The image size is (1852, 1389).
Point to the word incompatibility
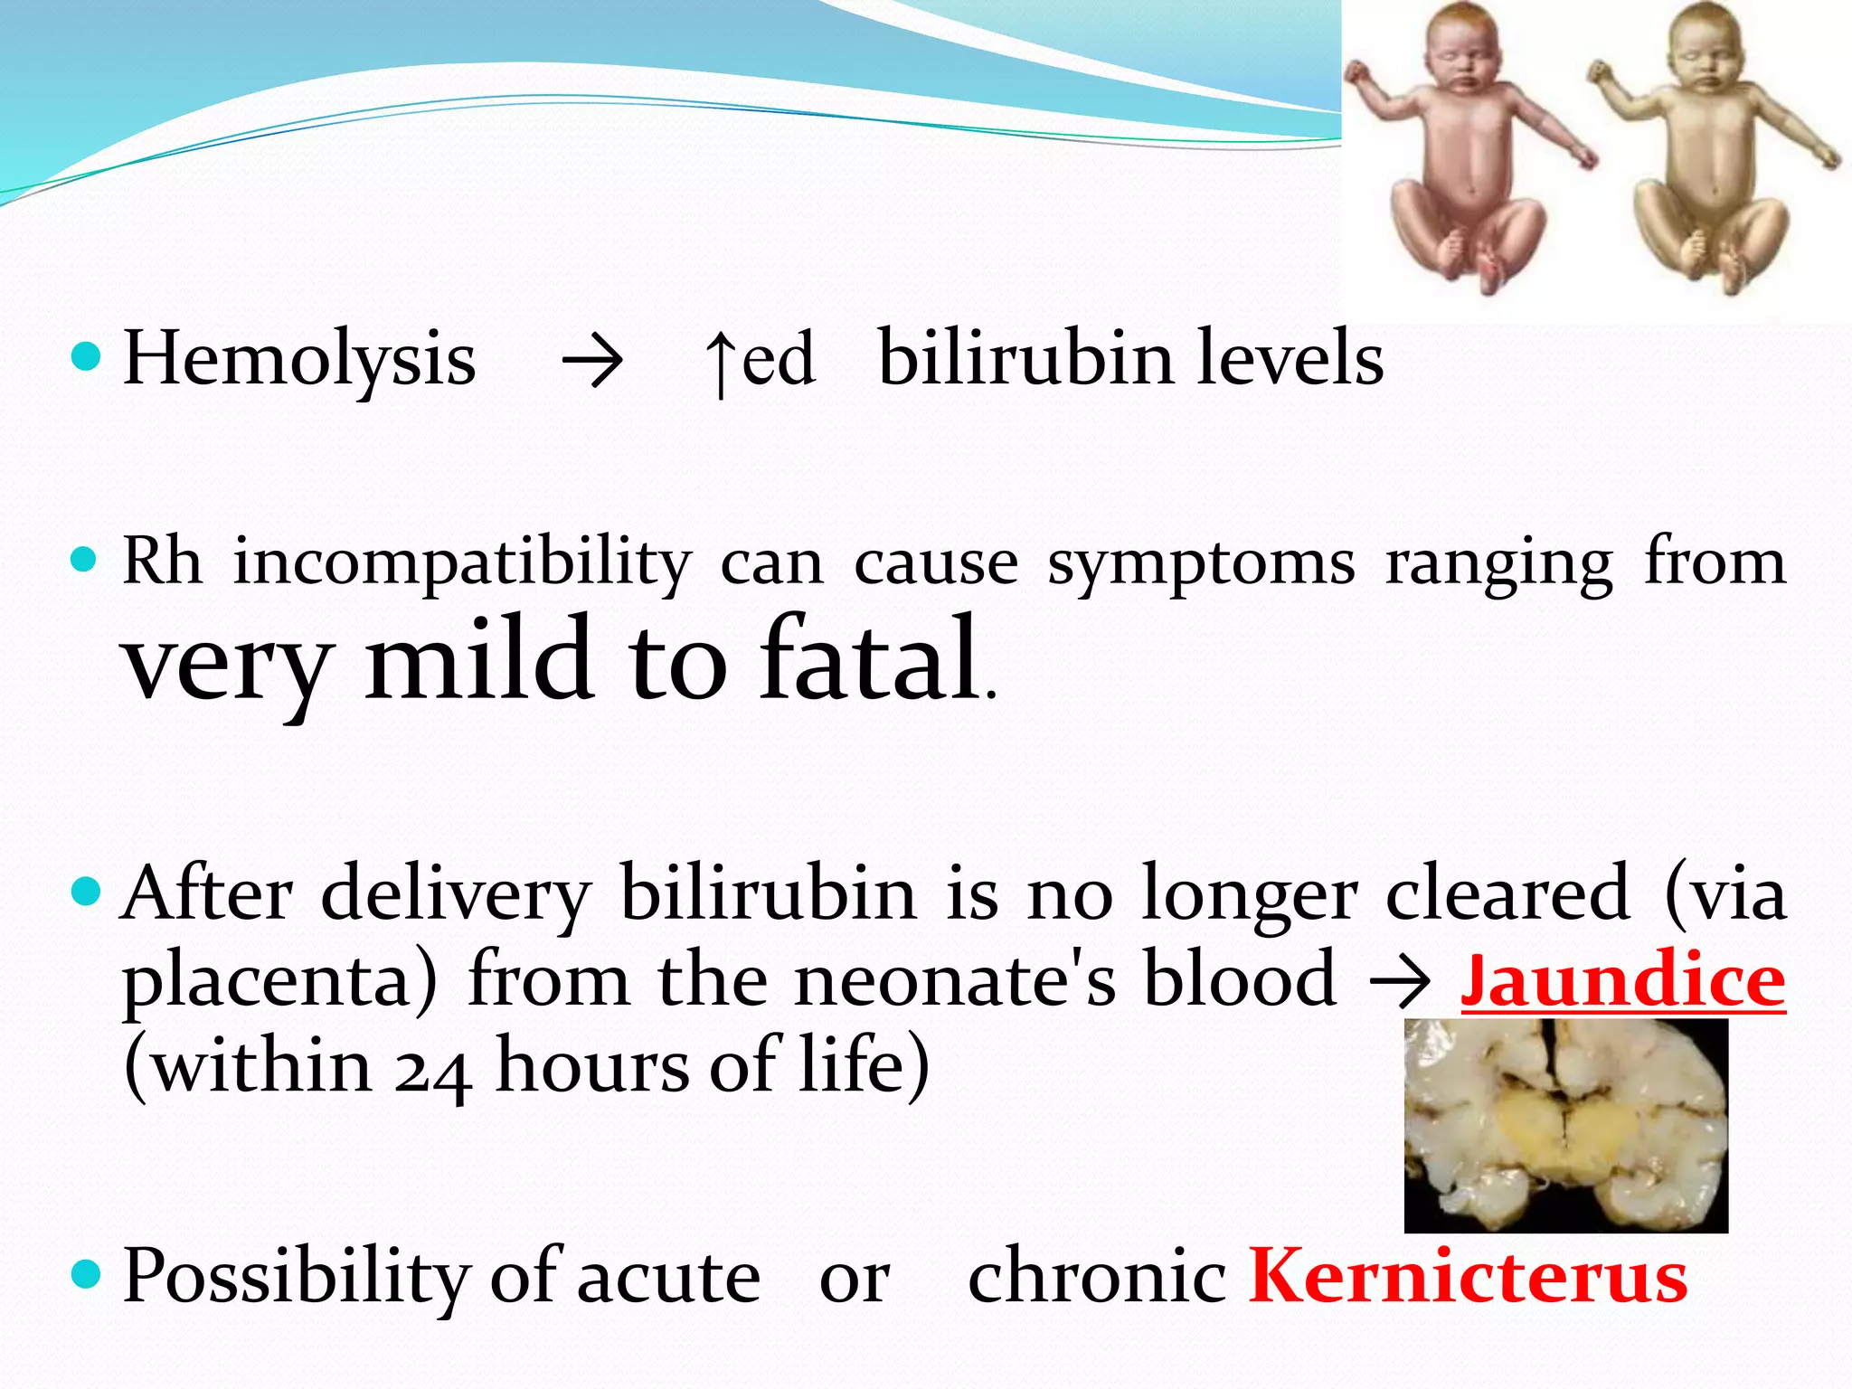462,562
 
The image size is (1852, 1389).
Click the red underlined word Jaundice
1622,981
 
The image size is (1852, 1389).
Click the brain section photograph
1565,1126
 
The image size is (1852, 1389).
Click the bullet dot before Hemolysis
86,357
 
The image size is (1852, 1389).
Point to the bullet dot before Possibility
86,1274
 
